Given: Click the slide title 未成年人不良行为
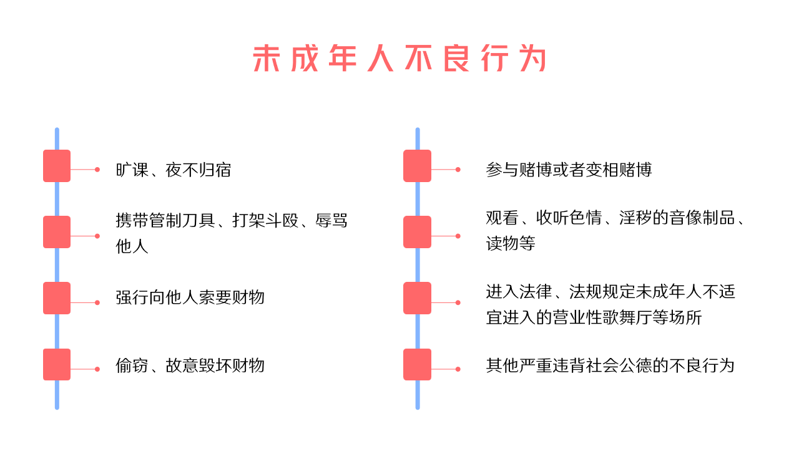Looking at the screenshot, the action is click(x=399, y=58).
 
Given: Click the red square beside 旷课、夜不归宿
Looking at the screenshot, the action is click(x=57, y=166).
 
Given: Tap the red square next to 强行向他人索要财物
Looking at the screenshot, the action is click(x=57, y=298).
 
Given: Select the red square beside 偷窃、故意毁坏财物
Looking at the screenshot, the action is click(x=57, y=365).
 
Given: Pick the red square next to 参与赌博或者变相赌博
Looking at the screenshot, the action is click(x=418, y=166).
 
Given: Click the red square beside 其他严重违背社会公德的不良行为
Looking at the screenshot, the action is click(x=418, y=365).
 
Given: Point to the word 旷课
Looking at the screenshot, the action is click(x=132, y=170).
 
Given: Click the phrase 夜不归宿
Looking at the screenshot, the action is click(x=199, y=170).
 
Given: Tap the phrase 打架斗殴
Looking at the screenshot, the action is click(x=265, y=220).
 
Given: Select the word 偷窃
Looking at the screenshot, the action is click(x=132, y=365).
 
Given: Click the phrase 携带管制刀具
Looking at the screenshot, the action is click(x=165, y=220).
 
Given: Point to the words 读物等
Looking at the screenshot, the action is click(x=511, y=243).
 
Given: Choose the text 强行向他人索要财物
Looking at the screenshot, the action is click(x=190, y=297).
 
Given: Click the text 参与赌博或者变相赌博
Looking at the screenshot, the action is click(x=569, y=170).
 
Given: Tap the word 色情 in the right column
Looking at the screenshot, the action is click(x=586, y=218).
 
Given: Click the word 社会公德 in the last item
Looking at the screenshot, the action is click(x=619, y=365).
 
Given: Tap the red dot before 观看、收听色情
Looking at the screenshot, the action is click(x=458, y=236).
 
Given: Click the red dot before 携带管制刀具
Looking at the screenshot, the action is click(x=97, y=236).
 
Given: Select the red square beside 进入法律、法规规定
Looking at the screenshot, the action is click(x=418, y=298).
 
